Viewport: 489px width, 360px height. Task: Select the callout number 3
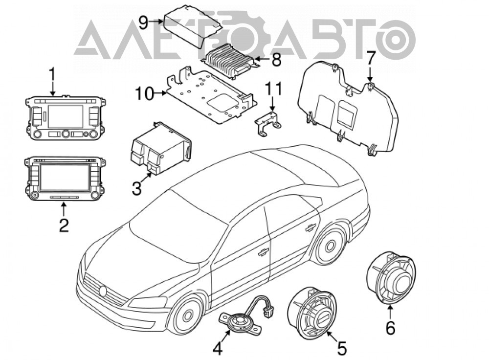click(x=136, y=188)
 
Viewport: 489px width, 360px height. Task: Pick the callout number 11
click(x=273, y=89)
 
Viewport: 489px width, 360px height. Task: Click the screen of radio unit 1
click(x=66, y=116)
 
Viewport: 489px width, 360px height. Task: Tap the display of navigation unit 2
click(x=65, y=177)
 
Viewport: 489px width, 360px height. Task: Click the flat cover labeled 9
click(x=193, y=27)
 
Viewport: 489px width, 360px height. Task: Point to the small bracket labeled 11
click(x=268, y=124)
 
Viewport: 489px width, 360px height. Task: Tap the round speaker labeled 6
click(x=390, y=279)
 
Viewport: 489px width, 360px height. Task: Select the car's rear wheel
click(x=330, y=246)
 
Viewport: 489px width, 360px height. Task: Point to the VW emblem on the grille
click(x=103, y=291)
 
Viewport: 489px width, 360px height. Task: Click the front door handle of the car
click(x=264, y=251)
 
